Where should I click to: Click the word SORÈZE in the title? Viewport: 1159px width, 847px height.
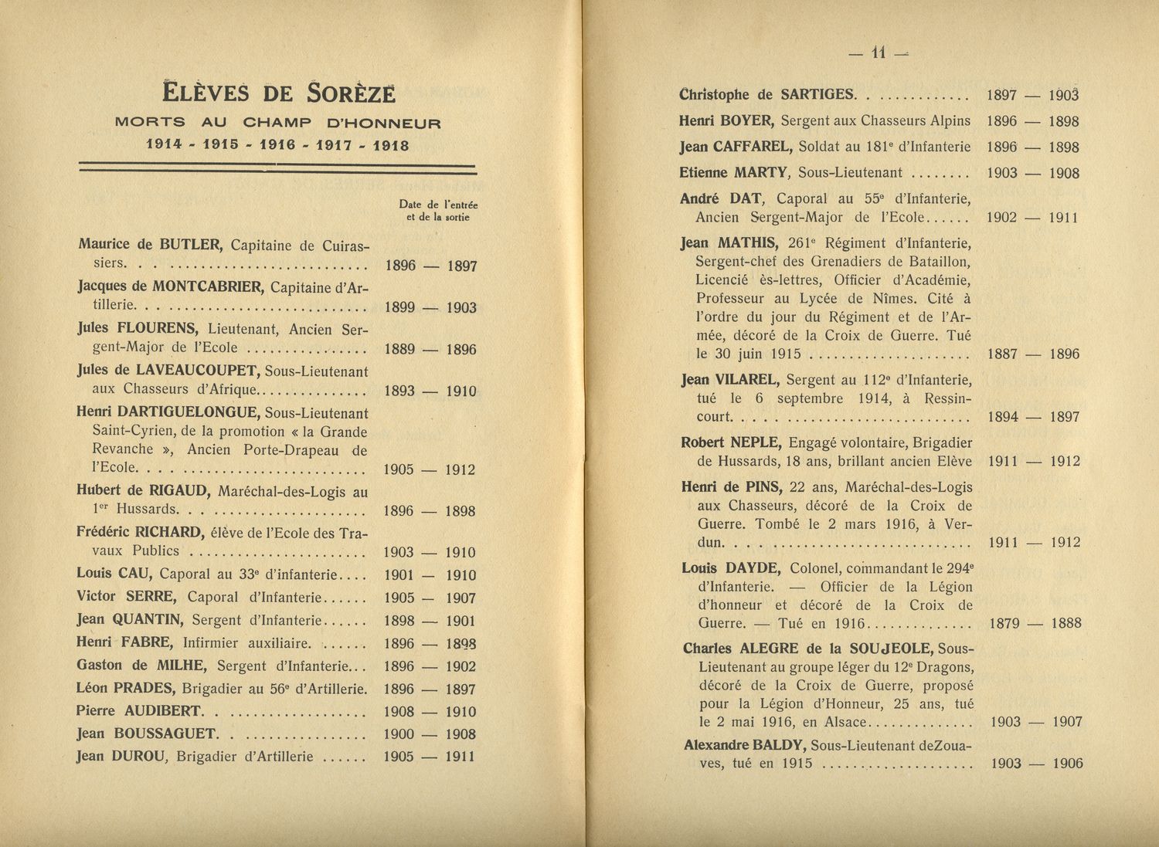point(351,93)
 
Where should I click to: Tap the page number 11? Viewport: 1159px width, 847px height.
point(878,53)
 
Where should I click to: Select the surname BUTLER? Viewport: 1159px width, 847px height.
point(191,246)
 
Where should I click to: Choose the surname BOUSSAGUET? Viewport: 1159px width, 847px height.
point(165,734)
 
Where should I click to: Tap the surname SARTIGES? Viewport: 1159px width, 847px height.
point(817,95)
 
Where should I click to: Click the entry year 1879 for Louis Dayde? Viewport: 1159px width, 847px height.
point(1004,623)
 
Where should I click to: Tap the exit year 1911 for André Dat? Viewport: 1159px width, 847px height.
point(1063,218)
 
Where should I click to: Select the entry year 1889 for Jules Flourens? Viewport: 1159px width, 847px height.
point(399,349)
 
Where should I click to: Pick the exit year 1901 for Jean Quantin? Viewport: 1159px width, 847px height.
point(461,621)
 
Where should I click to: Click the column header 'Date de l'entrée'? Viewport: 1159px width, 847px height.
point(438,205)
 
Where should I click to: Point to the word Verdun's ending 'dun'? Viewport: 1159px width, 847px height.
point(711,542)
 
